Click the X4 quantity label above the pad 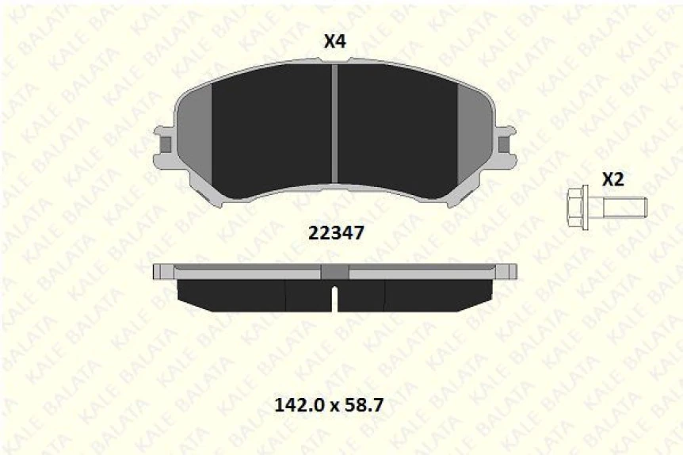coord(335,42)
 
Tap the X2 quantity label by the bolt coord(613,180)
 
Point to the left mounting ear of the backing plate coord(166,145)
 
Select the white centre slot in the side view coord(334,298)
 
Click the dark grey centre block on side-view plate coord(334,271)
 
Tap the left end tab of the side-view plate coord(162,271)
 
